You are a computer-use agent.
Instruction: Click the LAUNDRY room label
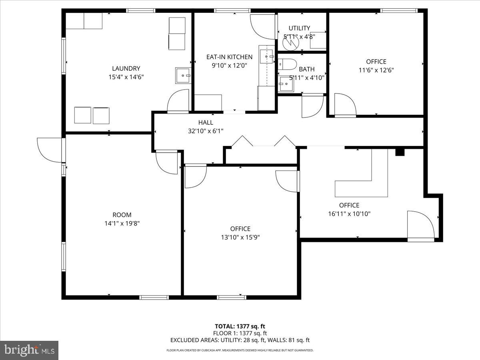click(126, 68)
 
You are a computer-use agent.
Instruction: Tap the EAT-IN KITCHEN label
click(229, 57)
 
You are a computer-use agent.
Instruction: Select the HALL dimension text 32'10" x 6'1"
click(206, 131)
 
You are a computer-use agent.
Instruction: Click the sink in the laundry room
click(183, 75)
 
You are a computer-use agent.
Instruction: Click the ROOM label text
click(122, 215)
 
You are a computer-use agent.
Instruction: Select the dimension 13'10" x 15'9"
click(240, 237)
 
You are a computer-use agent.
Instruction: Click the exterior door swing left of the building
click(49, 150)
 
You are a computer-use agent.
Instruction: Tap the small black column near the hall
click(400, 152)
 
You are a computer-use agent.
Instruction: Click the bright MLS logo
click(29, 350)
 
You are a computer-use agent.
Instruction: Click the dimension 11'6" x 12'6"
click(376, 70)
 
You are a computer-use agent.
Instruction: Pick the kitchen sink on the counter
click(266, 57)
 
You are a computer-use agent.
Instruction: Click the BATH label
click(306, 69)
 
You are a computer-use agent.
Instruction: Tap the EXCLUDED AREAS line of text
click(240, 340)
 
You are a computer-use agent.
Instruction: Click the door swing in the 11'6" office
click(345, 105)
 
